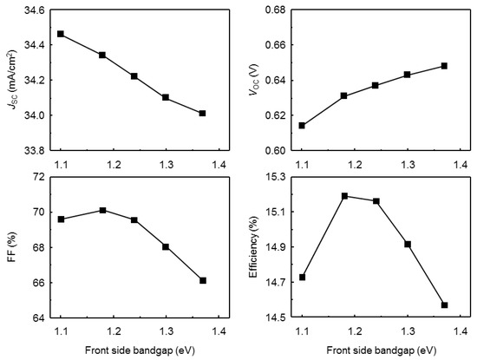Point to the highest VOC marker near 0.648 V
coord(444,66)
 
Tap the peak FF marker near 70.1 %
coord(127,210)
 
